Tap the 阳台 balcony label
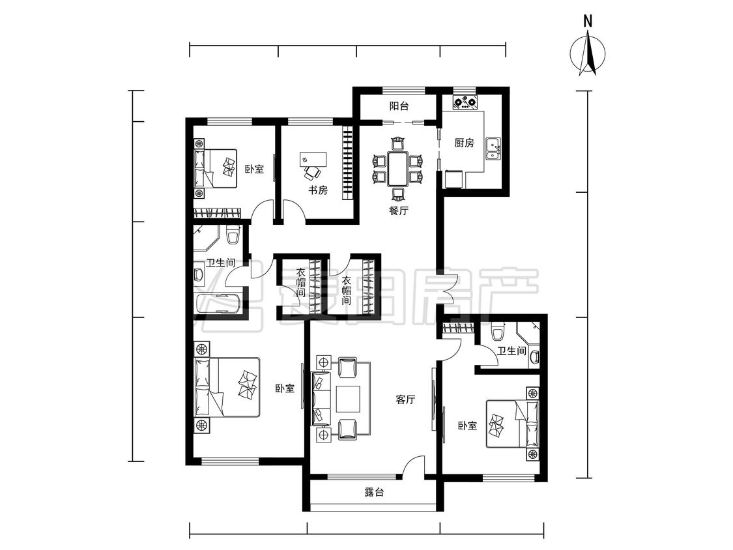click(x=399, y=106)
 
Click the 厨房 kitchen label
click(x=464, y=143)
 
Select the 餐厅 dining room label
click(x=398, y=210)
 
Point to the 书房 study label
click(x=317, y=190)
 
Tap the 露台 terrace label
click(x=373, y=493)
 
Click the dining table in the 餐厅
click(x=397, y=169)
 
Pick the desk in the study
click(x=313, y=158)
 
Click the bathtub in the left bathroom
click(x=219, y=304)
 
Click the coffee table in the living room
click(x=348, y=398)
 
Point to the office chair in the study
click(x=313, y=173)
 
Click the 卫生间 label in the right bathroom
click(x=511, y=351)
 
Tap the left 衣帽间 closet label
click(x=300, y=283)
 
